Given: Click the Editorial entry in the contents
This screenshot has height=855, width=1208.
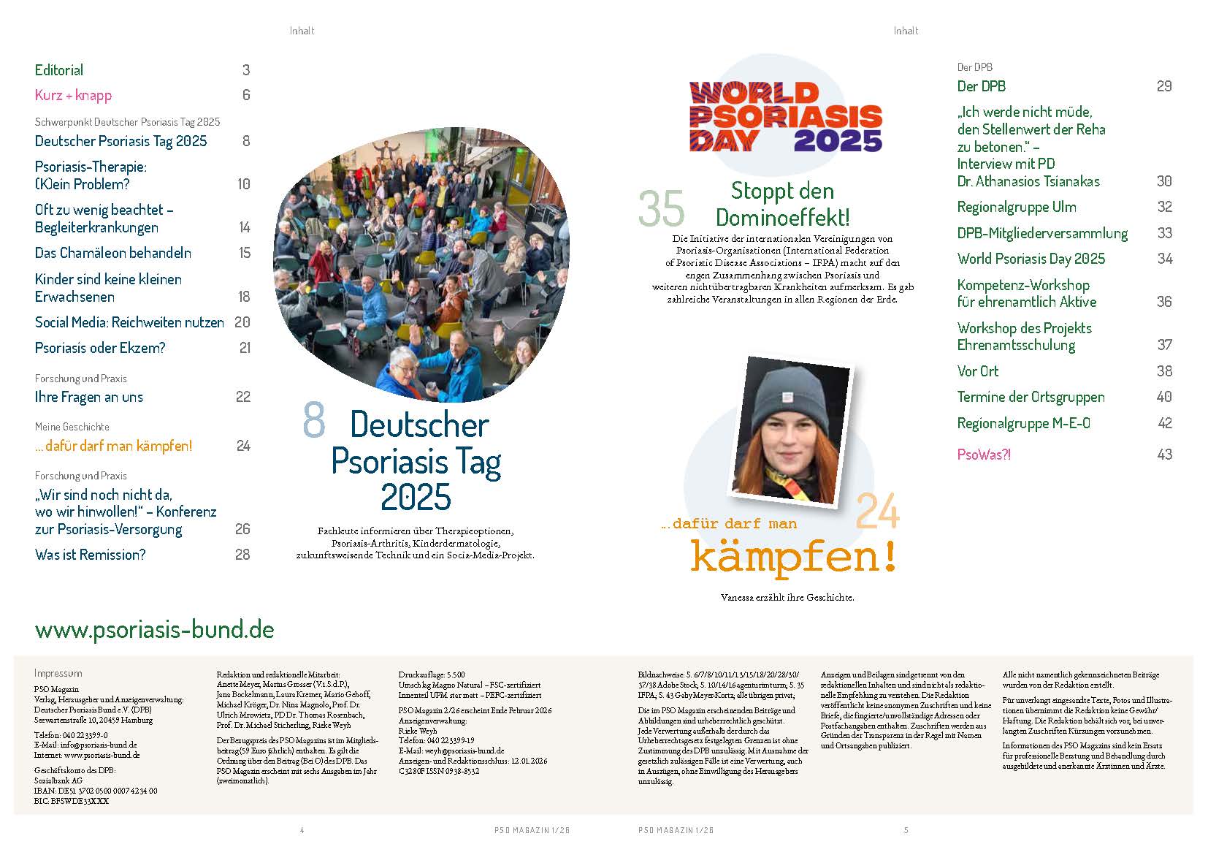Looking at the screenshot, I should pos(59,70).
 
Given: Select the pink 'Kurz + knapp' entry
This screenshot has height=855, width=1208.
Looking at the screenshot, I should pos(73,95).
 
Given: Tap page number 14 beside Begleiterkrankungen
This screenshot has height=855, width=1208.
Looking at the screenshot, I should pos(245,227).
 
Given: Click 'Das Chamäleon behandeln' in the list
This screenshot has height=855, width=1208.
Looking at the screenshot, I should pos(113,253).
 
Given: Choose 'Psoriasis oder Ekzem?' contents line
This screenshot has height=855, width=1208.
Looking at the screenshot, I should pos(100,348).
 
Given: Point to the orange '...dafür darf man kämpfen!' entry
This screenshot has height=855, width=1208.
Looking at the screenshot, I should pos(113,446).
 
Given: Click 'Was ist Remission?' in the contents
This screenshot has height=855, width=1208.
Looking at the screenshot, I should pos(90,555).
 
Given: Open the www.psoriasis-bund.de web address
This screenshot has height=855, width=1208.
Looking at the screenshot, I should pos(154,630).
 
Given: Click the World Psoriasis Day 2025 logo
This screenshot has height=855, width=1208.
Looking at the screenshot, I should pos(785,117).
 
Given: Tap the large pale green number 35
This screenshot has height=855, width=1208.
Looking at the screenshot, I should pos(661,209).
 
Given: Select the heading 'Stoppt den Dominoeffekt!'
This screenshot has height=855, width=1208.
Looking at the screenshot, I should pos(782,204).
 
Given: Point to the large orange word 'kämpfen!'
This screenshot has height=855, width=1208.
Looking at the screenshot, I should pos(793,557).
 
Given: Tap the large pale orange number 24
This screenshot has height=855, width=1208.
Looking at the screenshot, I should pos(877,511).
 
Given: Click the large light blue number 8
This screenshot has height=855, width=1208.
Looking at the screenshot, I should pos(313,422).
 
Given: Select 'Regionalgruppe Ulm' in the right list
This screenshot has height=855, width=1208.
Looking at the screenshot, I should pos(1017,207).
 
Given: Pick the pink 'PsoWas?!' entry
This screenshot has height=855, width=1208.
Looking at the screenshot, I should pos(984,455).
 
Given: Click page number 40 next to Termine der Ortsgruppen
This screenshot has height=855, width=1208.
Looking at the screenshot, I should pos(1164,397).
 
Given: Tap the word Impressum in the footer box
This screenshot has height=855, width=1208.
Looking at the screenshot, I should pos(58,673).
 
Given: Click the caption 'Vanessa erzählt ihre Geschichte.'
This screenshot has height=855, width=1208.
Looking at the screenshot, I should pos(787,597).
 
